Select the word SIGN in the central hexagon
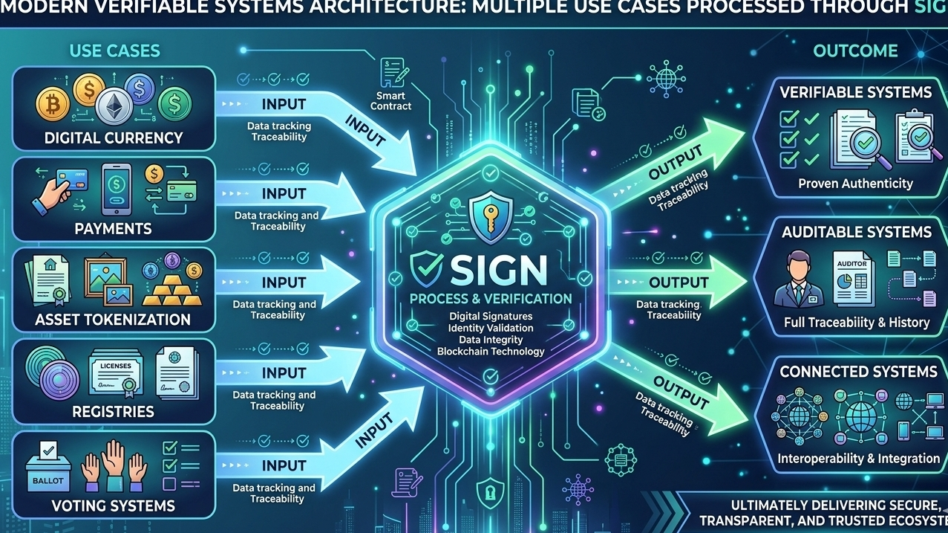tap(491, 268)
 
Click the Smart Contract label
tap(391, 100)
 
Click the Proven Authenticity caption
tap(855, 183)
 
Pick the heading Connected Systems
tap(858, 371)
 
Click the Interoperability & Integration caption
tap(858, 459)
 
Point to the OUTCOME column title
tap(855, 51)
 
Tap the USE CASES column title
tap(114, 51)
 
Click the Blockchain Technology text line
tap(491, 351)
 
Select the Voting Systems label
tap(114, 506)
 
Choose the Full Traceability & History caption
tap(857, 322)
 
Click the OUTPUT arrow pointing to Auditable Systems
tap(677, 283)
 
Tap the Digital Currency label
tap(114, 138)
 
